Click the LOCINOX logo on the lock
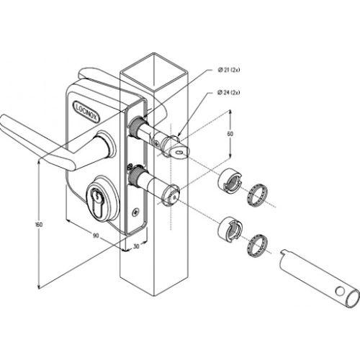(86, 111)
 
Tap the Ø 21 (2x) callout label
(229, 70)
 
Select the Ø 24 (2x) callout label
(228, 92)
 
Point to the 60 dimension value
(230, 134)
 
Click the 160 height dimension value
(39, 225)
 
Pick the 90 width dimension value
(96, 235)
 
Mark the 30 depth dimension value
(136, 246)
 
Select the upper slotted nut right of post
(230, 181)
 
